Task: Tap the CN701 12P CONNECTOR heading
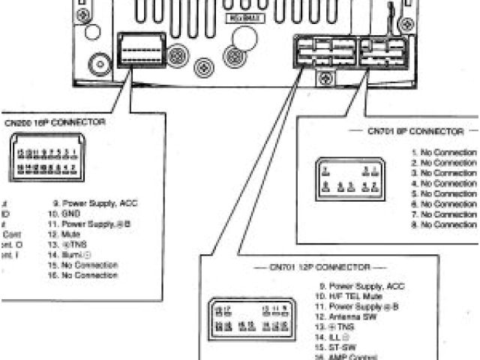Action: [x=329, y=266]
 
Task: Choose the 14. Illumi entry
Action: [x=72, y=255]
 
